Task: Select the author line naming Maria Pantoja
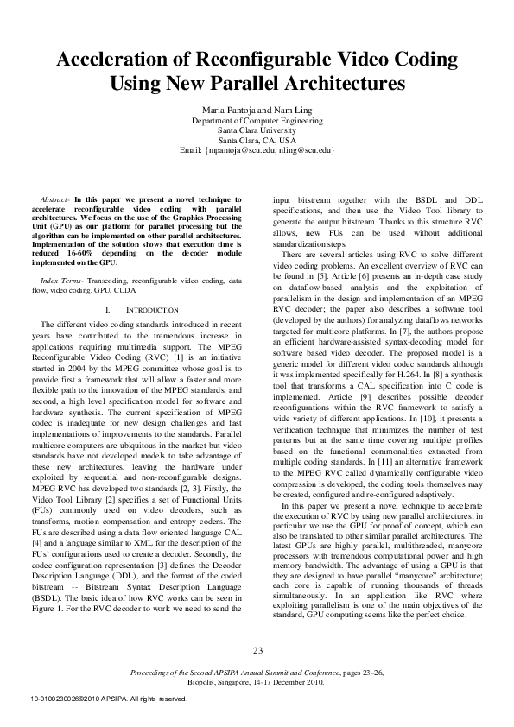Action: coord(257,111)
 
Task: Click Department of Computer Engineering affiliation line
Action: coord(257,121)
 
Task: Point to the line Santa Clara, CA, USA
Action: coord(257,140)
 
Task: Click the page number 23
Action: coord(257,650)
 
